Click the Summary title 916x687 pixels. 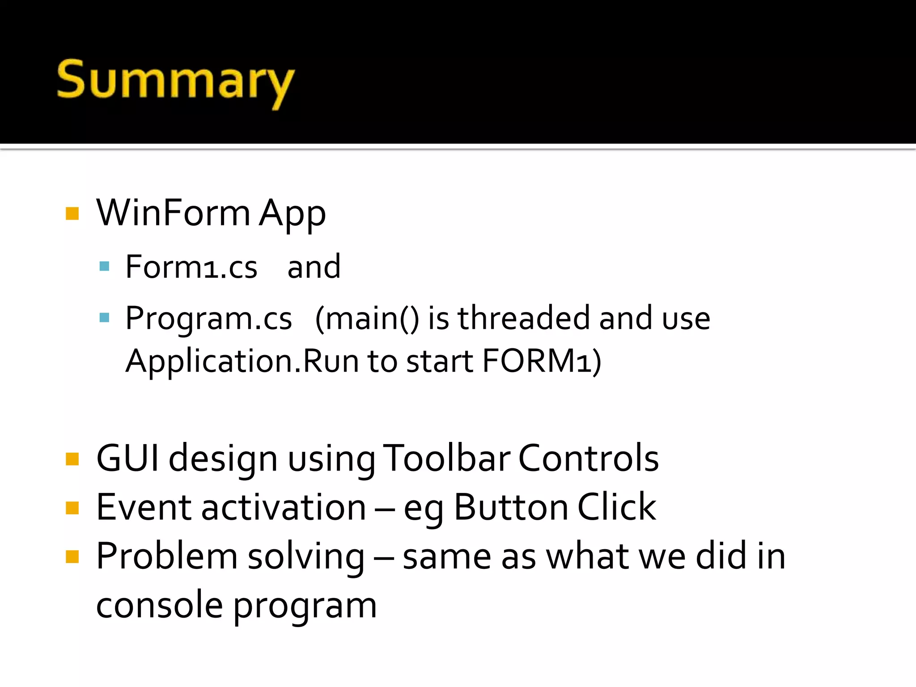(175, 81)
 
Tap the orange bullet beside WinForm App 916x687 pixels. (72, 213)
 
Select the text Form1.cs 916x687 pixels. (191, 267)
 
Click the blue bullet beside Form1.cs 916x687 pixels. (104, 267)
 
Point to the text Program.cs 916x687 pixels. (208, 318)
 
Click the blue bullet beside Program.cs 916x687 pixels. (104, 318)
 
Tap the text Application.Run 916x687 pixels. (242, 361)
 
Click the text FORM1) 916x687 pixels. (542, 361)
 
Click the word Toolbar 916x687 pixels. (447, 458)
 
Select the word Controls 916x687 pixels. (588, 458)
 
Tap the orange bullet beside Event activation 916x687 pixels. (72, 508)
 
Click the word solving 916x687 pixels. (306, 557)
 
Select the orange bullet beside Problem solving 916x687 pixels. (72, 557)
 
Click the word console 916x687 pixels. (159, 605)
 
